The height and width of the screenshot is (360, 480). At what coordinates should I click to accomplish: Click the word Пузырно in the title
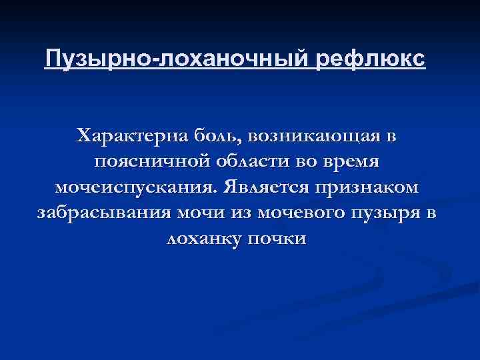(x=98, y=59)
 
